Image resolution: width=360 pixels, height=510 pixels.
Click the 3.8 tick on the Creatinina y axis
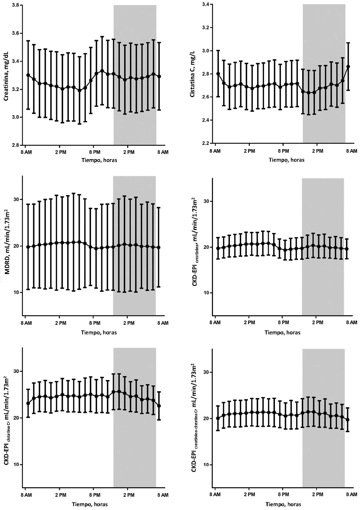[x=16, y=5]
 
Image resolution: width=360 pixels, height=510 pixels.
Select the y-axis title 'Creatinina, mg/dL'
[x=6, y=75]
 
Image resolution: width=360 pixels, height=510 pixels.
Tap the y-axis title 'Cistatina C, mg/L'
[x=193, y=74]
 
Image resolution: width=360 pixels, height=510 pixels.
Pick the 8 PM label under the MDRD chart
[x=94, y=323]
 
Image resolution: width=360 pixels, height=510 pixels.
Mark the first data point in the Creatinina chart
[x=28, y=75]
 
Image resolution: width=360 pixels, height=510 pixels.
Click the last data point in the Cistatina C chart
[x=348, y=67]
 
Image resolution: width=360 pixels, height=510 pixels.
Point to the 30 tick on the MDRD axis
[x=16, y=199]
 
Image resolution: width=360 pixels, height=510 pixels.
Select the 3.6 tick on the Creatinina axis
[x=16, y=33]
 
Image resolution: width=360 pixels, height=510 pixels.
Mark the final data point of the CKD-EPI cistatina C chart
[x=159, y=406]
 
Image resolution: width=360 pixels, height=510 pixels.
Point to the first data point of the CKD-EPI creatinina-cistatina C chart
[x=218, y=418]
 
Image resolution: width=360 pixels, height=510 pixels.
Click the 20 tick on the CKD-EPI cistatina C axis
[x=16, y=418]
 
